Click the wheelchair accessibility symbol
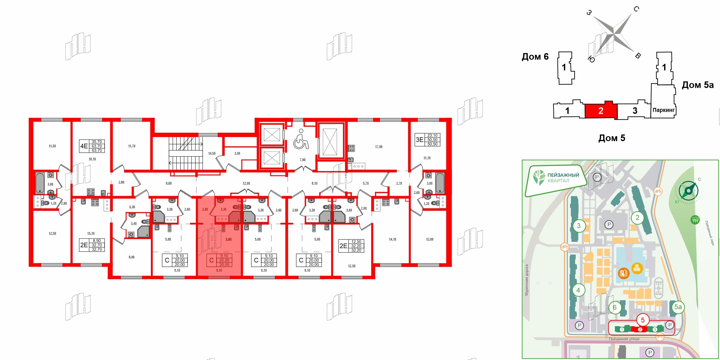301,139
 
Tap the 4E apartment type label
84,146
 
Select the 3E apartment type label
419,140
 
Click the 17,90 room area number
379,147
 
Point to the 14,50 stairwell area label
212,153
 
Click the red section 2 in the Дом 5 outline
601,111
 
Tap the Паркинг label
664,110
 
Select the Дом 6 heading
535,57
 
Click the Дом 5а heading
698,85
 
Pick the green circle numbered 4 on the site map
578,290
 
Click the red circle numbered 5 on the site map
643,320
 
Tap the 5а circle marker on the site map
678,307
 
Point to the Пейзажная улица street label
624,339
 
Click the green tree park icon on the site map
695,220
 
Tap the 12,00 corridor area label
246,183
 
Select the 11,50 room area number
52,146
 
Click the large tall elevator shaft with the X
330,142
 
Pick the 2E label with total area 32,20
343,246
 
